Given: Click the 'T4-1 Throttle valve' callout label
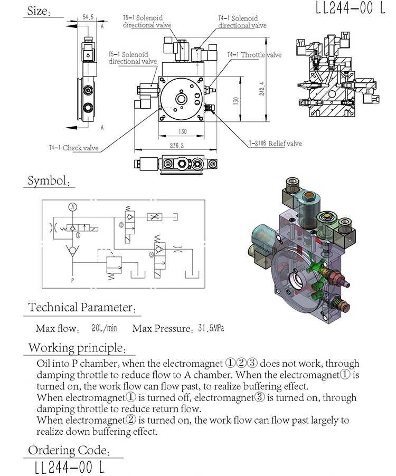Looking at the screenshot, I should [x=254, y=55].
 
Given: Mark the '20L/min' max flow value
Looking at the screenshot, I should [x=103, y=328].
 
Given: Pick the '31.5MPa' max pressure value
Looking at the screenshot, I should [x=211, y=328].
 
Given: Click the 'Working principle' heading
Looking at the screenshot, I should [x=77, y=348].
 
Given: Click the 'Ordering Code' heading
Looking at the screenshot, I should [x=69, y=450].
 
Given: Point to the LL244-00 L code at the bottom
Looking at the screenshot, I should [x=69, y=467].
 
